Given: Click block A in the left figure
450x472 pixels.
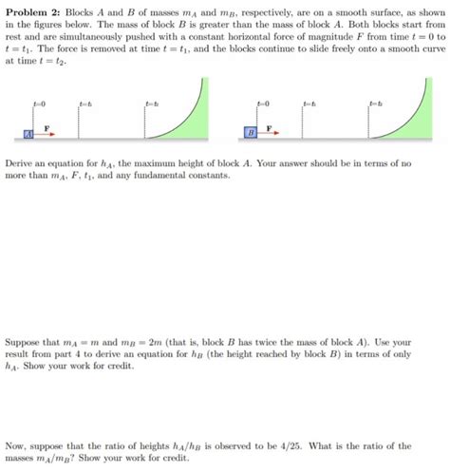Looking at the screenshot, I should click(28, 135).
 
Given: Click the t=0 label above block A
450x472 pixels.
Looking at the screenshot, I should click(38, 102).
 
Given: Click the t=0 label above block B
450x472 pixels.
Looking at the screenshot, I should click(264, 102).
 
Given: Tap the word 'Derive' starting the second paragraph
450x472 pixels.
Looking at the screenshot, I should click(20, 163).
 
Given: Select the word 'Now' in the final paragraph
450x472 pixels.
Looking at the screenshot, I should click(15, 445).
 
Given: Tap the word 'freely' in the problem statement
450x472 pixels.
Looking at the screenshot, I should click(279, 48).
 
